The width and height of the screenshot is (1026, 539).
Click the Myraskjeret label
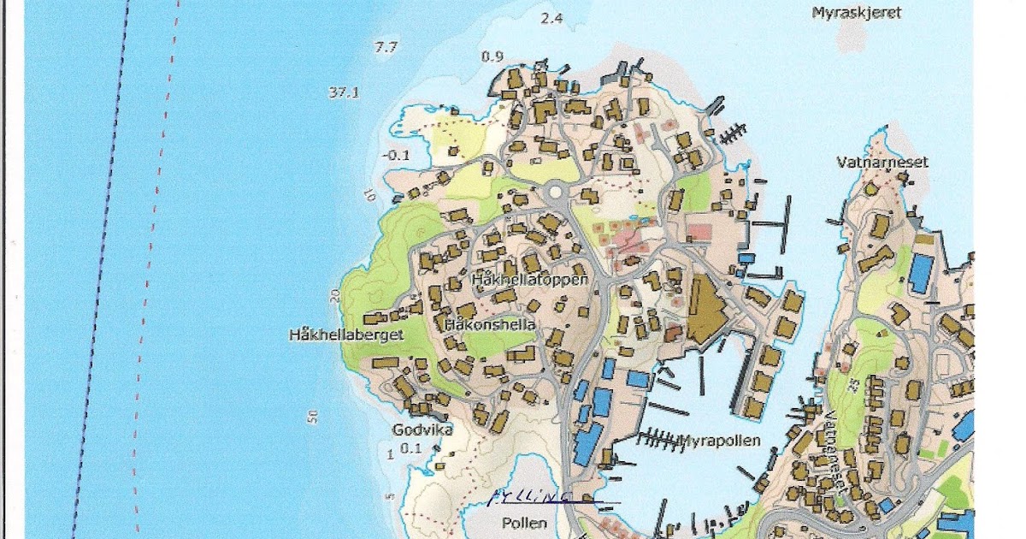(x=856, y=13)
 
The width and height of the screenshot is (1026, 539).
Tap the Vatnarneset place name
(x=882, y=162)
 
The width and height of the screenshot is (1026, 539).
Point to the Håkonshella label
(x=491, y=325)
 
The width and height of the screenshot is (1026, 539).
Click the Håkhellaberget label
(x=345, y=335)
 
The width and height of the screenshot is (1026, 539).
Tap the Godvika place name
(x=422, y=429)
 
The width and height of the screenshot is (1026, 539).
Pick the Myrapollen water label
(x=719, y=441)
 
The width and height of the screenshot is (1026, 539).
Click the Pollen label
(x=524, y=522)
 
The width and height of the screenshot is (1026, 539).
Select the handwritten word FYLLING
(x=528, y=497)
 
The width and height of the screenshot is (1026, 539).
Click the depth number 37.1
(x=342, y=92)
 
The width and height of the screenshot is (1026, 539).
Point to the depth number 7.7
(x=386, y=47)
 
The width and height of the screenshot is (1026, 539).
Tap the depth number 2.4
(x=551, y=17)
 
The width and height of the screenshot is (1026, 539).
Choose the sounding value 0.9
(x=492, y=56)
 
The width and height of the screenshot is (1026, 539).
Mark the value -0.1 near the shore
(x=398, y=155)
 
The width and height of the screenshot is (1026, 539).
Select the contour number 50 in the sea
(x=313, y=417)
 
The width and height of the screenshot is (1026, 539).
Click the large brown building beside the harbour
(x=705, y=308)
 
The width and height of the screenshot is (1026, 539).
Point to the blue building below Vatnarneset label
(x=920, y=273)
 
